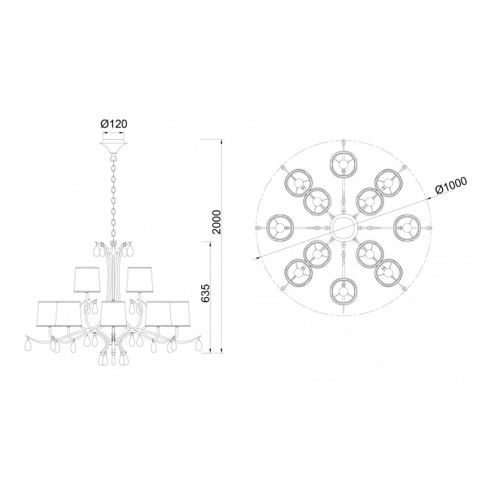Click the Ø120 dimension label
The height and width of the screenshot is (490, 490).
click(x=114, y=124)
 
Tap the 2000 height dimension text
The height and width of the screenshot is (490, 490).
click(x=216, y=222)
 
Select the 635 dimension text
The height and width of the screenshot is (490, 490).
click(x=205, y=294)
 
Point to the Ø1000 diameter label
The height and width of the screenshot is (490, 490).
click(x=451, y=186)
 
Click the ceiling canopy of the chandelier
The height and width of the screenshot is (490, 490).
click(x=113, y=149)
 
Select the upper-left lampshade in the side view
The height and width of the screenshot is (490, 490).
click(x=87, y=280)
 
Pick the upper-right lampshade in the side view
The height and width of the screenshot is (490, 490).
click(x=139, y=280)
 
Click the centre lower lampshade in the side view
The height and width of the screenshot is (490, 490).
click(x=113, y=314)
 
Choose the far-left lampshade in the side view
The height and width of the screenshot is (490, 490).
click(x=47, y=314)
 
